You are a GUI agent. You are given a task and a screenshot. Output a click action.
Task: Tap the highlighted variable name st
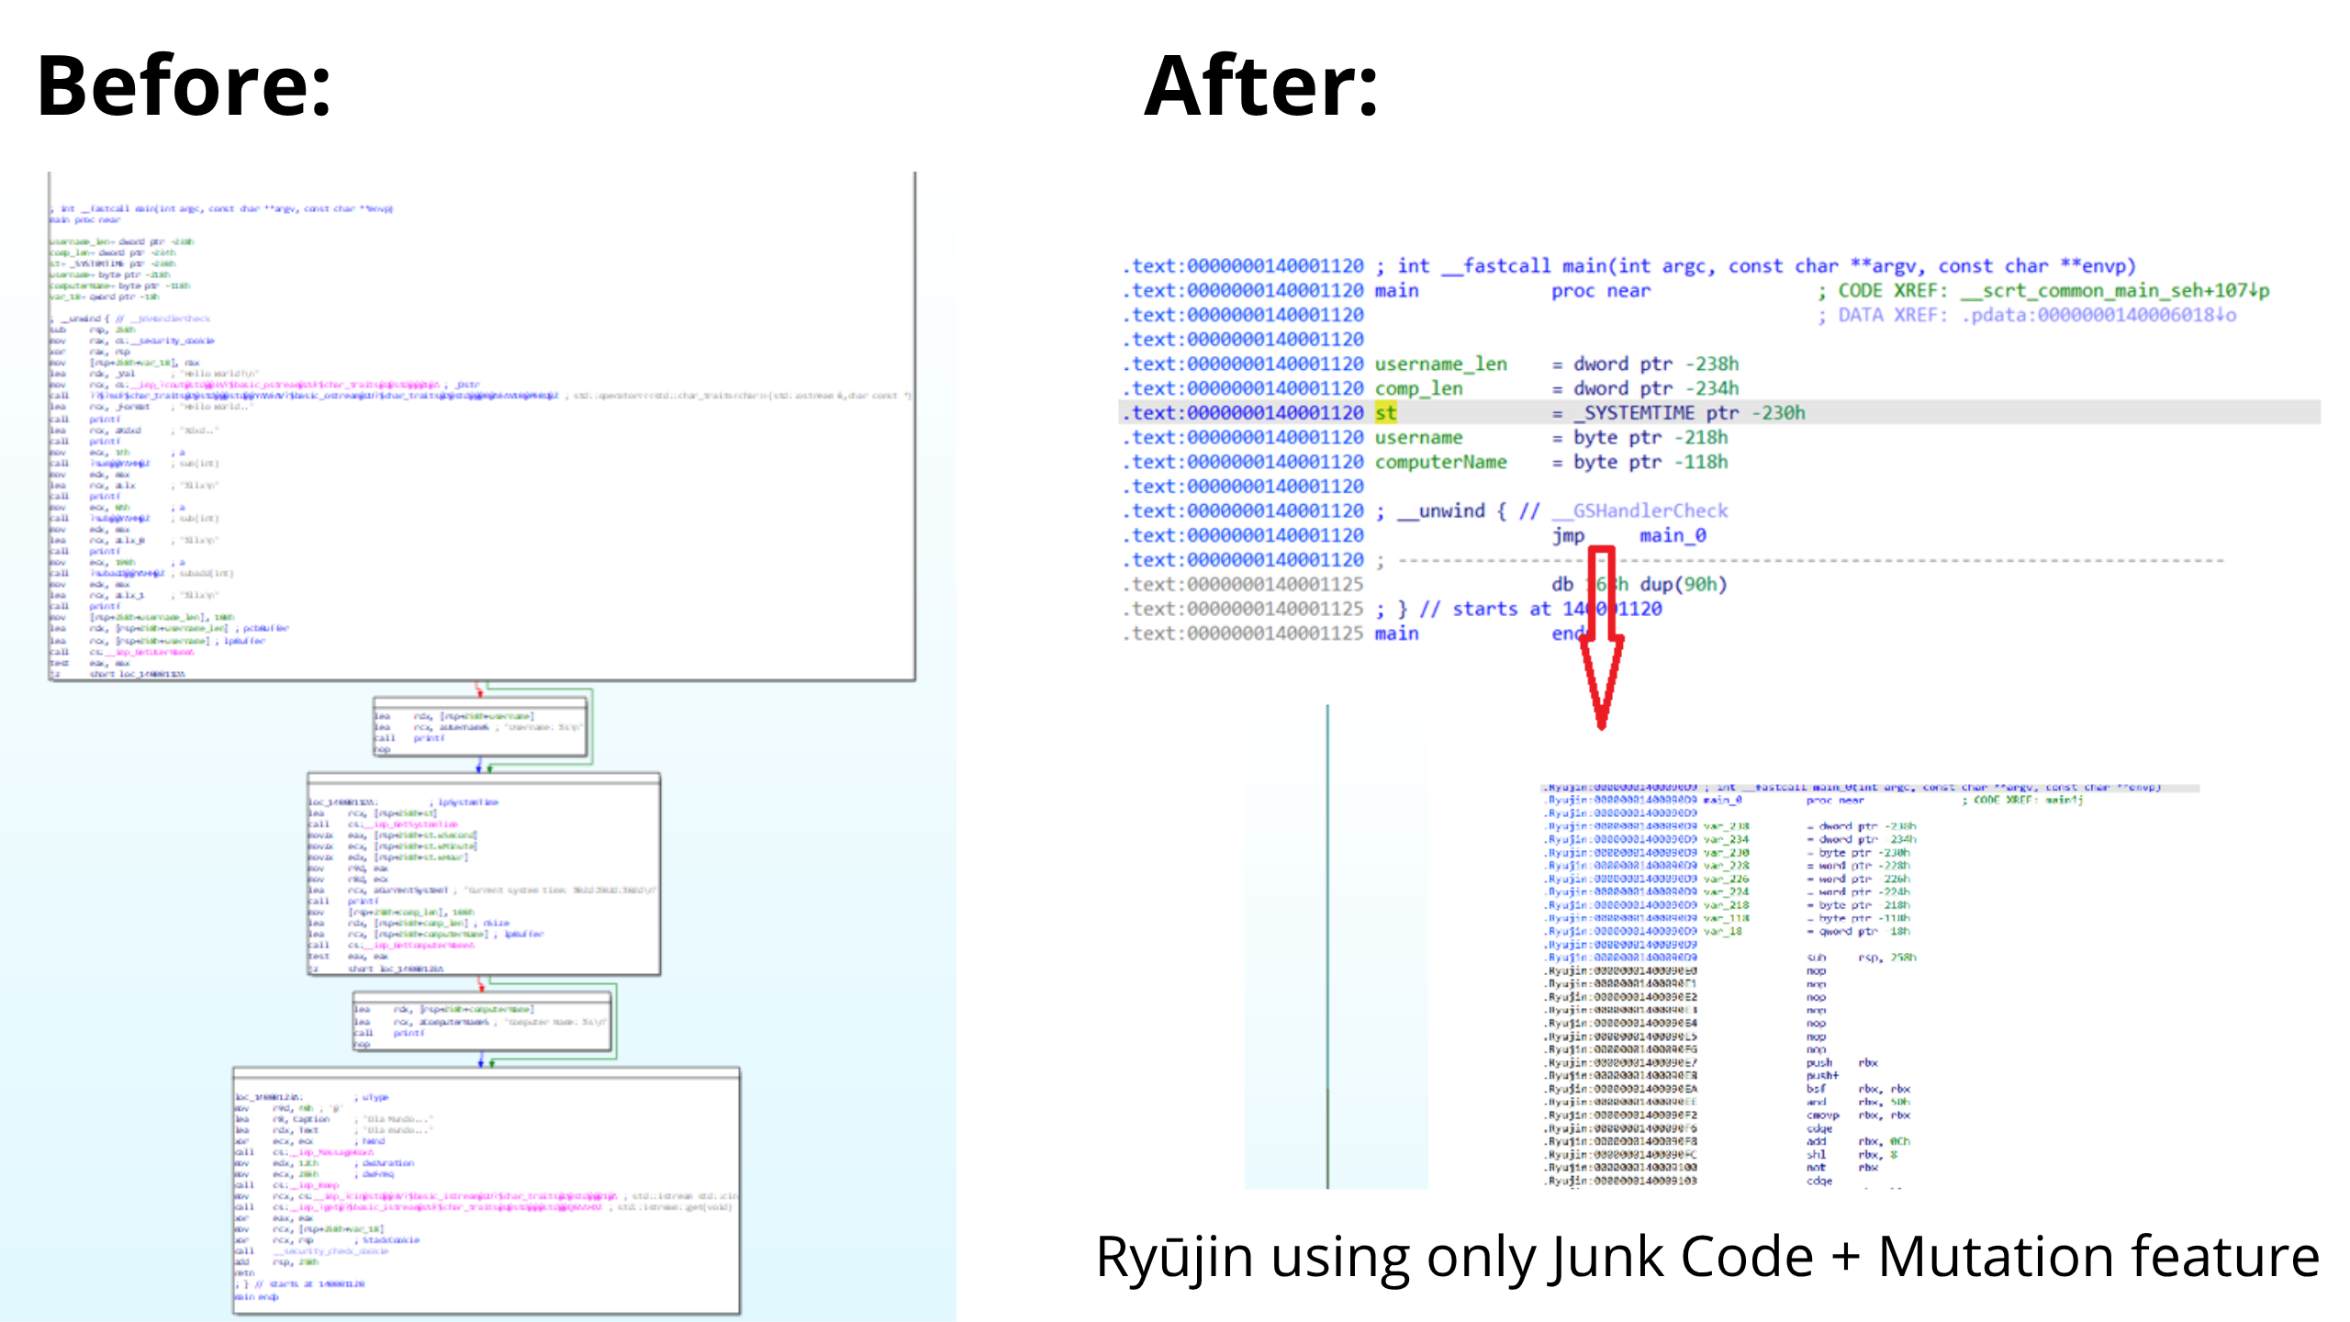click(x=1385, y=413)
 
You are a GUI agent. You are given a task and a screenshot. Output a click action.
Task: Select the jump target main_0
click(x=1673, y=535)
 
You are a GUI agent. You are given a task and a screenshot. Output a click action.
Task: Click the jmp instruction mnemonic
click(x=1568, y=535)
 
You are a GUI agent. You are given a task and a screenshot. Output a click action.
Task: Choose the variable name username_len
click(x=1440, y=364)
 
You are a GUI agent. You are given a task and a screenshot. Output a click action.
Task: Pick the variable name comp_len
click(x=1418, y=388)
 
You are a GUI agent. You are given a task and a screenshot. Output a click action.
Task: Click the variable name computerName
click(x=1440, y=462)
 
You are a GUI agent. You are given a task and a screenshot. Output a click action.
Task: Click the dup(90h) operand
click(x=1683, y=584)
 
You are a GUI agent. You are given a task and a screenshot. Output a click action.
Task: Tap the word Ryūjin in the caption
click(x=1174, y=1257)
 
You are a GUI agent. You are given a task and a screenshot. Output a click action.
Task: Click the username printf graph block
click(x=479, y=727)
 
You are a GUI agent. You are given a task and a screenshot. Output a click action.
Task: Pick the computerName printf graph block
click(x=482, y=1021)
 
